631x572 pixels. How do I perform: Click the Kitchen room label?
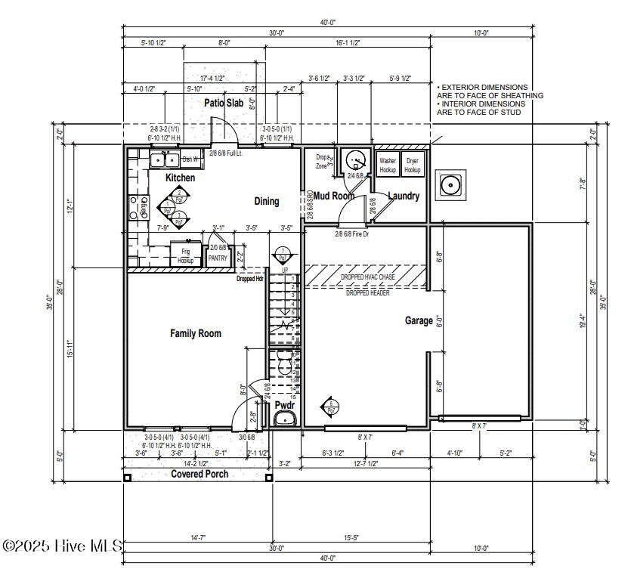point(181,178)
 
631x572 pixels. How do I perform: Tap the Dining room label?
point(266,201)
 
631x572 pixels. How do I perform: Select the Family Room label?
point(195,333)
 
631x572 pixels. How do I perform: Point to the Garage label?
point(419,320)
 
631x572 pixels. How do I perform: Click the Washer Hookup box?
point(388,165)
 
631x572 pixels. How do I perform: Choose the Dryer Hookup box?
point(412,165)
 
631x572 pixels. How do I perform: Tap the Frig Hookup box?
point(185,254)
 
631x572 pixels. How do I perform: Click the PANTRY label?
point(218,258)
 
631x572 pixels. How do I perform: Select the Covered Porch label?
point(200,474)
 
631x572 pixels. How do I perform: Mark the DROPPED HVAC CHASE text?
point(367,277)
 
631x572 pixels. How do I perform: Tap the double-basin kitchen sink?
point(163,159)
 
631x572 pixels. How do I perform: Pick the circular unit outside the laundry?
point(451,184)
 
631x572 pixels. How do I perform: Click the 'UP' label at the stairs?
point(284,270)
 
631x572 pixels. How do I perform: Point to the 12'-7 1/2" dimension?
point(365,463)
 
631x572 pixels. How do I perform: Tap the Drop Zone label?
point(322,161)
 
